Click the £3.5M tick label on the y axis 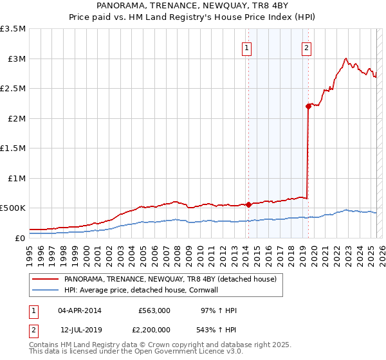(x=14, y=29)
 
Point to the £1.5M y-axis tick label (x=14, y=148)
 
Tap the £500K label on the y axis (x=12, y=208)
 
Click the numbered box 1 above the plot (x=247, y=48)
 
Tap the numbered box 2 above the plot (x=306, y=48)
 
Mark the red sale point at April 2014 (x=248, y=204)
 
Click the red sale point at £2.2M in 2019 (x=308, y=107)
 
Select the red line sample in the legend (x=45, y=279)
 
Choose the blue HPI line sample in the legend (x=45, y=290)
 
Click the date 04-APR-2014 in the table (x=80, y=310)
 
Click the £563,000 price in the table (x=154, y=310)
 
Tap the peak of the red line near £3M (x=346, y=58)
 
